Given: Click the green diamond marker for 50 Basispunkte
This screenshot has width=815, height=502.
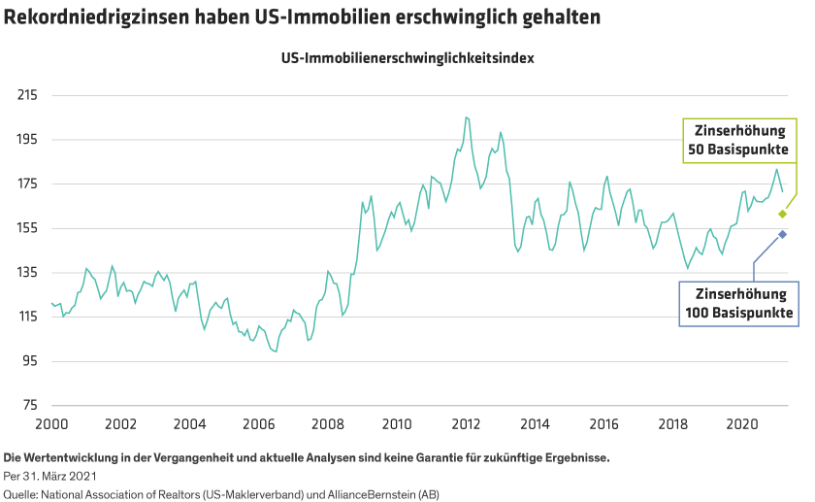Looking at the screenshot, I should pos(782,213).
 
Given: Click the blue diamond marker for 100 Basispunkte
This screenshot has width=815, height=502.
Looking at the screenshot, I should pos(782,234).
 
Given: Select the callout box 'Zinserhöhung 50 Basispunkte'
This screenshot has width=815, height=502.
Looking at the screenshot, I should pos(739,140).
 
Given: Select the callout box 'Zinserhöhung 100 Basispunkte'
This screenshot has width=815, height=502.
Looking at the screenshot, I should pos(739,302).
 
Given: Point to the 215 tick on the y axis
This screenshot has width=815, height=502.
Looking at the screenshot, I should pos(28,96).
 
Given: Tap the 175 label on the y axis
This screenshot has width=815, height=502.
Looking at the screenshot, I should pos(28,184).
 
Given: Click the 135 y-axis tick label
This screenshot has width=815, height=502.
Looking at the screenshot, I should pos(28,273).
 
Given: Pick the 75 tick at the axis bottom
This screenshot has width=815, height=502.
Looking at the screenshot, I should pos(29,406).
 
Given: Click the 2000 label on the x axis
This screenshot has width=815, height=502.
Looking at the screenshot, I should pos(50,424).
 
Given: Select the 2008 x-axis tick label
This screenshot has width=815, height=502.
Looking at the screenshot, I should pos(328,424).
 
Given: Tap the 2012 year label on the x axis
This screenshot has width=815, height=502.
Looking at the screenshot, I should pos(467,424).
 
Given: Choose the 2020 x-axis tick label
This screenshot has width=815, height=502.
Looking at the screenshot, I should pos(742,424).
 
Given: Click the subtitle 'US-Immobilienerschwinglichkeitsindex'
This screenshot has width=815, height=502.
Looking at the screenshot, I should pos(407,57).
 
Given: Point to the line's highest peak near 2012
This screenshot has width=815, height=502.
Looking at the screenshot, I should pos(467,117).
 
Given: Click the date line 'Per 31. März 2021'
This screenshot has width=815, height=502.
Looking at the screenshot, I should pos(50,476).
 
